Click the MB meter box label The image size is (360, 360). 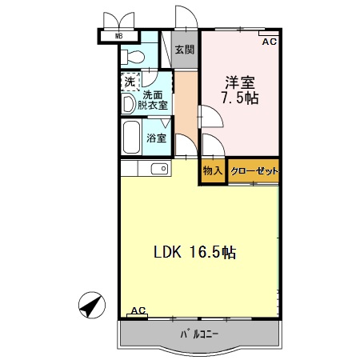(118, 36)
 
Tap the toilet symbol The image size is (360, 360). (134, 56)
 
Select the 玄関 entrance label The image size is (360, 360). (185, 49)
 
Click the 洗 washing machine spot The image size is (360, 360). (130, 82)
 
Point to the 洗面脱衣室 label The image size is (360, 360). (155, 100)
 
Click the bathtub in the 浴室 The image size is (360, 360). (132, 138)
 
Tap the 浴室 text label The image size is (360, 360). (157, 138)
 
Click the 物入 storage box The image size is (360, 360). (212, 171)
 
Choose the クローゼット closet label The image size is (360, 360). (254, 171)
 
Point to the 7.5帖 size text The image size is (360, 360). (240, 98)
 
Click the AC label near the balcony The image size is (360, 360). (138, 311)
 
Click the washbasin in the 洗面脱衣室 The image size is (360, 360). (128, 104)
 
